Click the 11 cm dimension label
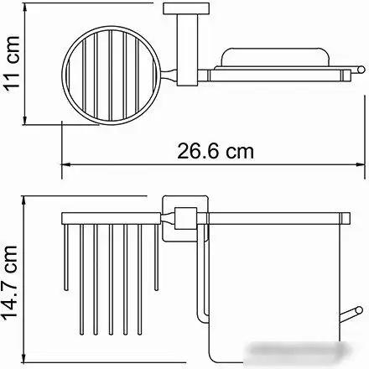12,61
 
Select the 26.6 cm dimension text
216,151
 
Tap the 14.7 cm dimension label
10,283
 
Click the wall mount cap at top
186,8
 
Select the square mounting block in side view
185,218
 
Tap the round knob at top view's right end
361,70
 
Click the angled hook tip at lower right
359,310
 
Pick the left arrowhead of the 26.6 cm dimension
65,165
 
